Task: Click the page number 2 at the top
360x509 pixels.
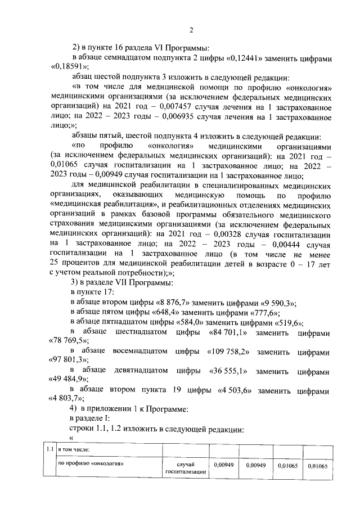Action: pyautogui.click(x=191, y=30)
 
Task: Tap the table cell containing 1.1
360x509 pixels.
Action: pyautogui.click(x=50, y=449)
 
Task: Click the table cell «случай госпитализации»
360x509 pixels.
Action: pyautogui.click(x=186, y=468)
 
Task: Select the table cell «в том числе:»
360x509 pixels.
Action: pyautogui.click(x=75, y=449)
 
